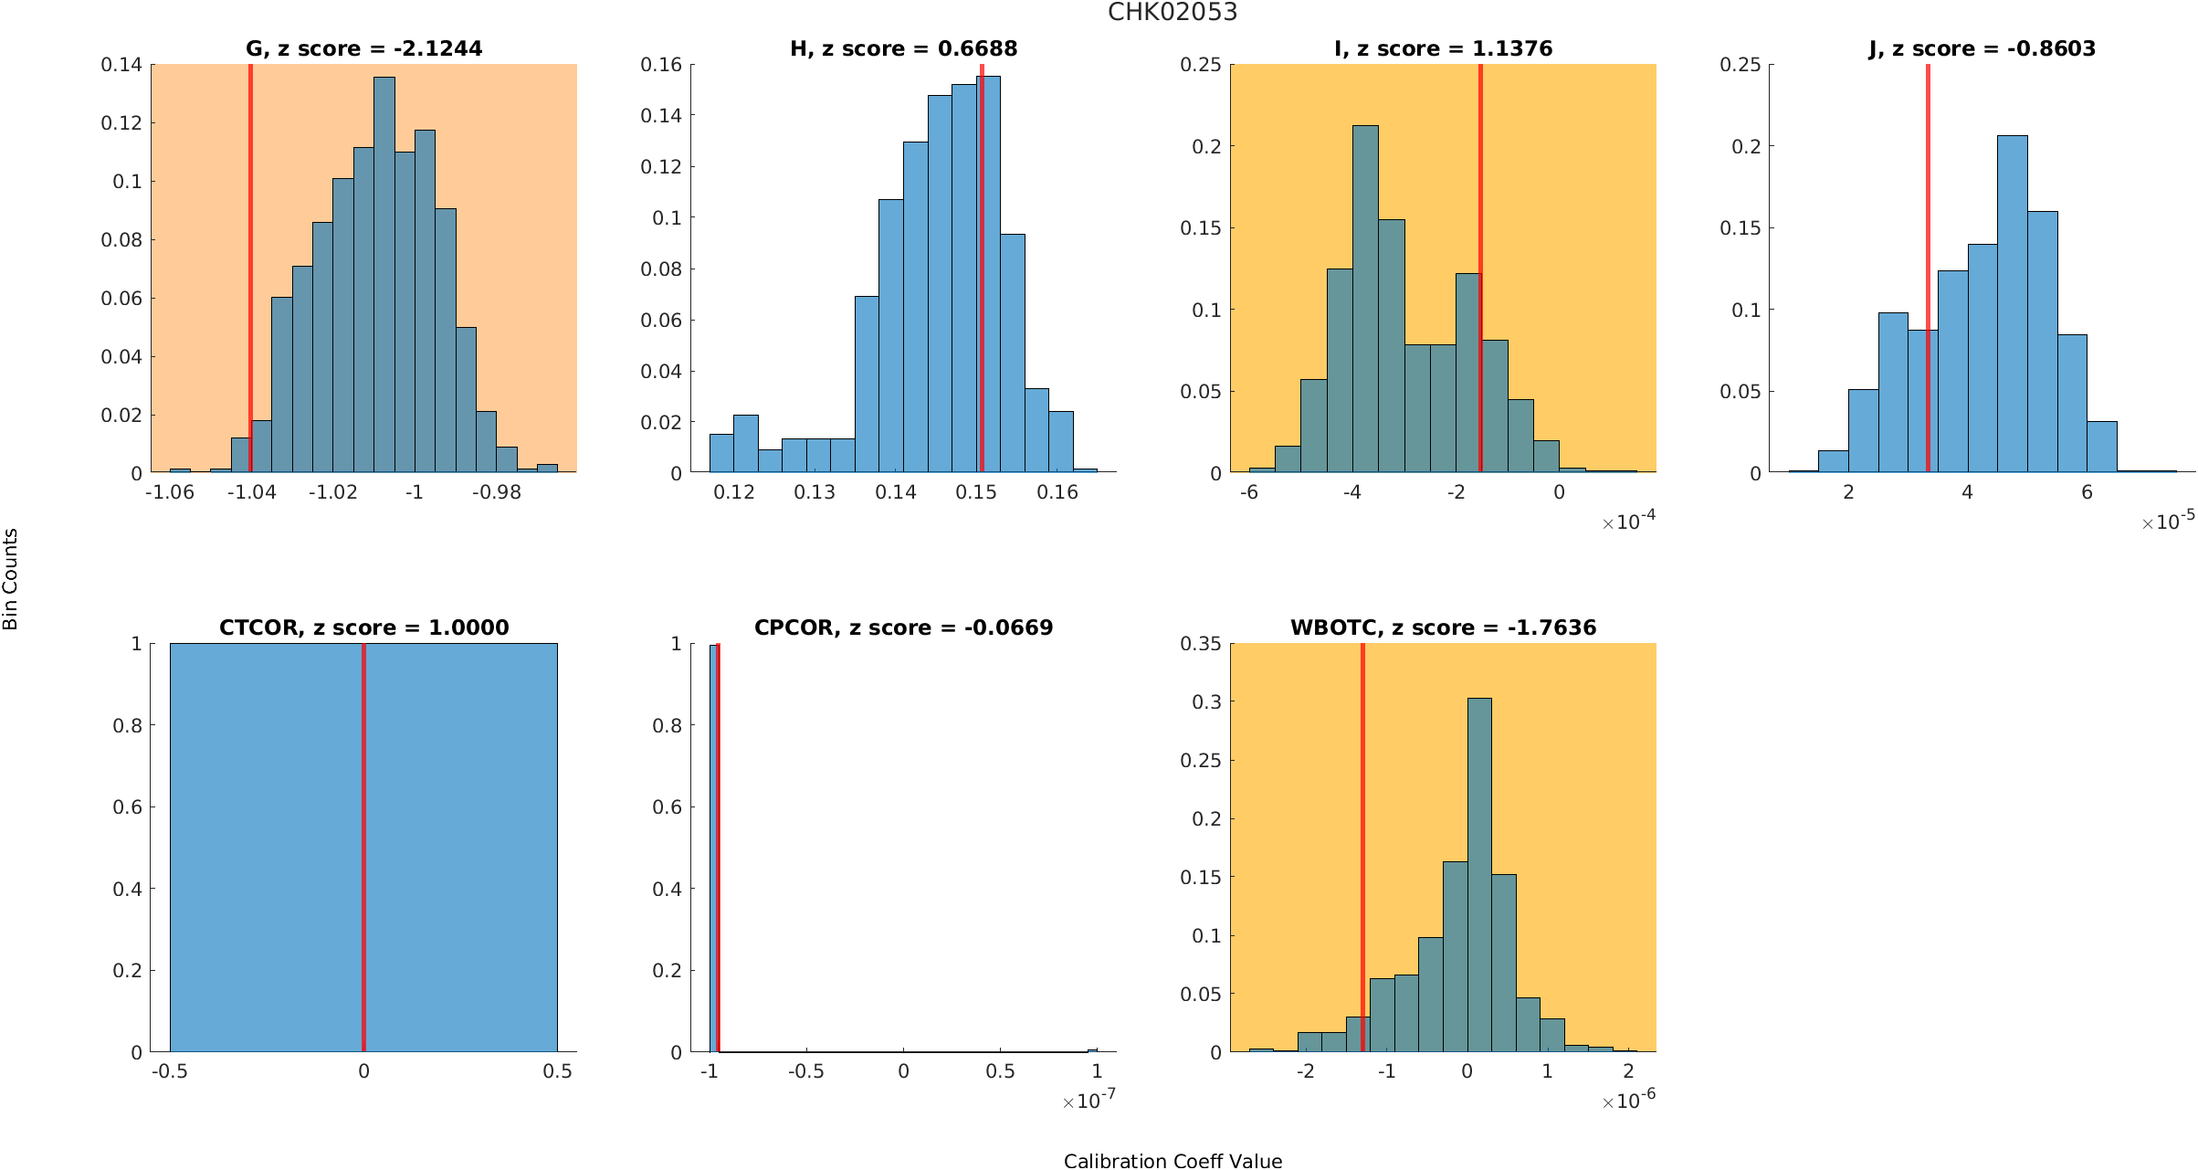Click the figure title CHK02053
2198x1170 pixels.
[x=1173, y=12]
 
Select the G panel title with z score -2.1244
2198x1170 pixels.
[x=363, y=48]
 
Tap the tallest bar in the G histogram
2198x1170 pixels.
[x=384, y=274]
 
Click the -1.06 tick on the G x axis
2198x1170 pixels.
[x=170, y=492]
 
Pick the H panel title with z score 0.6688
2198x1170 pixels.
[x=903, y=48]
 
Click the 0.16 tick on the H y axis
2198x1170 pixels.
[x=661, y=65]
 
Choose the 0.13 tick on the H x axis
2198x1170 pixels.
[x=815, y=492]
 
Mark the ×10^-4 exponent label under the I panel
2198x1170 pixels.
[x=1629, y=522]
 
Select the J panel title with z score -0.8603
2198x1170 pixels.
[x=1982, y=48]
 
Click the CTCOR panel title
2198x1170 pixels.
[x=363, y=627]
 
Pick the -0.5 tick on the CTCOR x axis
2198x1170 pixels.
[x=170, y=1071]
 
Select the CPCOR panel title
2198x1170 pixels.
[x=903, y=627]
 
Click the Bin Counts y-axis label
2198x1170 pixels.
[x=11, y=579]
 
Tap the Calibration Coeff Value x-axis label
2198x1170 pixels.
[x=1173, y=1161]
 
